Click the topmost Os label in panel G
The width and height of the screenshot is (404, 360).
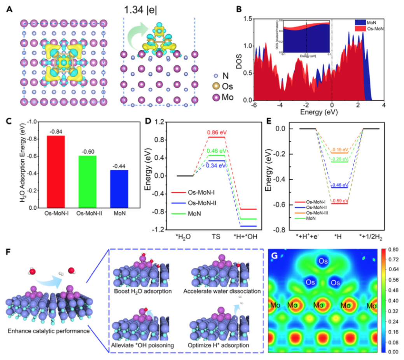click(323, 261)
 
